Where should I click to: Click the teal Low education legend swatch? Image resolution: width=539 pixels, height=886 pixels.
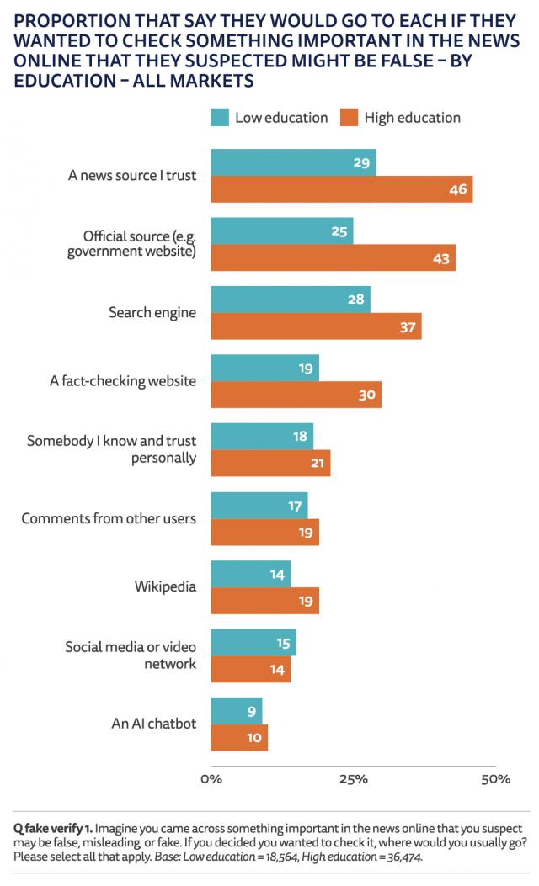(x=220, y=117)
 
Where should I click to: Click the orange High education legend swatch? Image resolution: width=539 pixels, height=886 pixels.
(x=350, y=117)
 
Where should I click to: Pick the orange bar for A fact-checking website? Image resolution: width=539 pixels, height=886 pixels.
(x=295, y=395)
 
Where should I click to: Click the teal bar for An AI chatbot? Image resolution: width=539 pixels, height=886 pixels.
(x=236, y=710)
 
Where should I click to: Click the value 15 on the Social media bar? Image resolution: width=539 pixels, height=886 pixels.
(x=282, y=642)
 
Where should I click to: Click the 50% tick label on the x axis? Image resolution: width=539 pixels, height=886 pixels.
(x=496, y=779)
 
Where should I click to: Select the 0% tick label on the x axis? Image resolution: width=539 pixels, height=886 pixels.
(x=211, y=779)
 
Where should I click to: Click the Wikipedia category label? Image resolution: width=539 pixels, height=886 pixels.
(x=165, y=586)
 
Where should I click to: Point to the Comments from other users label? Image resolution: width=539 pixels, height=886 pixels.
(x=109, y=518)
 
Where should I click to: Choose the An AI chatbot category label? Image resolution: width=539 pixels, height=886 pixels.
(x=154, y=724)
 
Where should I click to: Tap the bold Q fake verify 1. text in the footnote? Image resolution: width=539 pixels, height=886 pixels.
(x=51, y=828)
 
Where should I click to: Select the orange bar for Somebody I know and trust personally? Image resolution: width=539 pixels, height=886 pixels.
(x=269, y=463)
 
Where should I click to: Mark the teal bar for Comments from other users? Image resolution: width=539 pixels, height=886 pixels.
(x=259, y=505)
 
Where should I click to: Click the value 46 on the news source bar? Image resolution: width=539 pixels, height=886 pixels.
(x=457, y=189)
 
